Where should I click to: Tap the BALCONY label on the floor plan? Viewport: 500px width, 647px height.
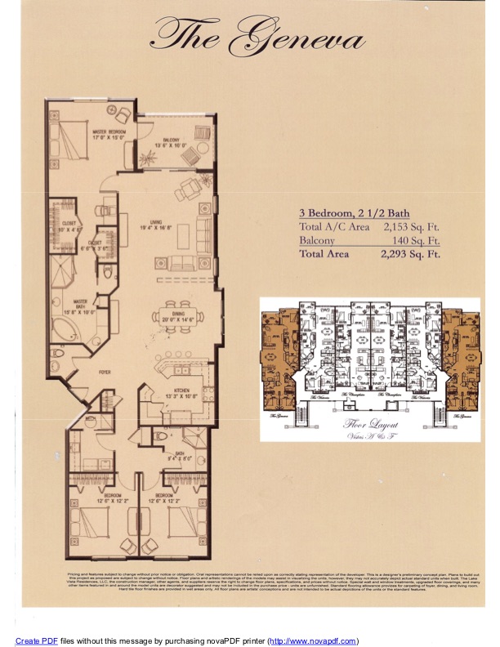pyautogui.click(x=171, y=143)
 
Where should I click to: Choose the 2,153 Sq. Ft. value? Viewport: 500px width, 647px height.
pyautogui.click(x=410, y=227)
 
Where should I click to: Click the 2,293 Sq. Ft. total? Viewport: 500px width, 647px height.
pyautogui.click(x=410, y=254)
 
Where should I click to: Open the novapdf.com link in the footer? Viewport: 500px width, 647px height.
pyautogui.click(x=313, y=640)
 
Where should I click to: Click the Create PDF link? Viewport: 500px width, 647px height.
pyautogui.click(x=37, y=640)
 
